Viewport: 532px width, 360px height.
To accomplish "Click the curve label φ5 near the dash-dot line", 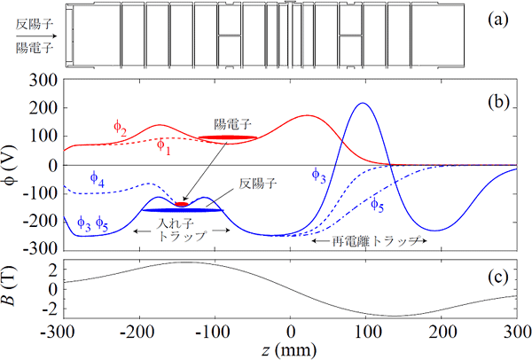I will pyautogui.click(x=376, y=205).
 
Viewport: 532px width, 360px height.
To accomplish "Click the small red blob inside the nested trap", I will pyautogui.click(x=182, y=204).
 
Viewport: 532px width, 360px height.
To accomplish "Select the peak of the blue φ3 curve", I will pyautogui.click(x=362, y=105).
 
